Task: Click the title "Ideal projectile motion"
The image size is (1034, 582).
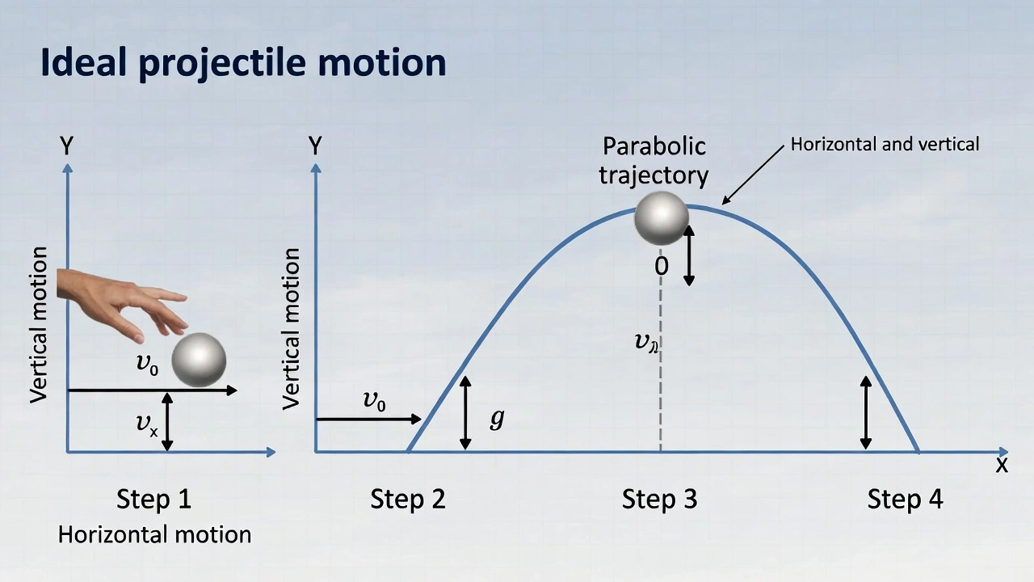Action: [243, 63]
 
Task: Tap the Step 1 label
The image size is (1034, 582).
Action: [154, 499]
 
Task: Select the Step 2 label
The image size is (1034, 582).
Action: [408, 499]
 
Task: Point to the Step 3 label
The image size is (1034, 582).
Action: [659, 499]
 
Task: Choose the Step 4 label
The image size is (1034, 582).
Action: [905, 499]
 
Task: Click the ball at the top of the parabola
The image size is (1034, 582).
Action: [662, 217]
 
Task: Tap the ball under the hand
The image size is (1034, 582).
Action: [199, 359]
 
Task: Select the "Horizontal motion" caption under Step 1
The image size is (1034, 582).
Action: [154, 534]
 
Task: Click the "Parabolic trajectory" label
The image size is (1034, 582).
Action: [654, 160]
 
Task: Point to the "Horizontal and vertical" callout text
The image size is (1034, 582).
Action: [885, 144]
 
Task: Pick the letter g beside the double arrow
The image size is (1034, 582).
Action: [497, 418]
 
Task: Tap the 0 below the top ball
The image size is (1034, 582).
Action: [662, 266]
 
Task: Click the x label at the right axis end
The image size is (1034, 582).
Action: [1002, 465]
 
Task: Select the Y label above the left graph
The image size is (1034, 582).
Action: [67, 146]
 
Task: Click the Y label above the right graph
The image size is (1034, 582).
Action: [315, 146]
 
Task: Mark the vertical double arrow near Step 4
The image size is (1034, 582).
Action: [866, 412]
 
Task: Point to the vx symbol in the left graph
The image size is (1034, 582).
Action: [146, 423]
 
